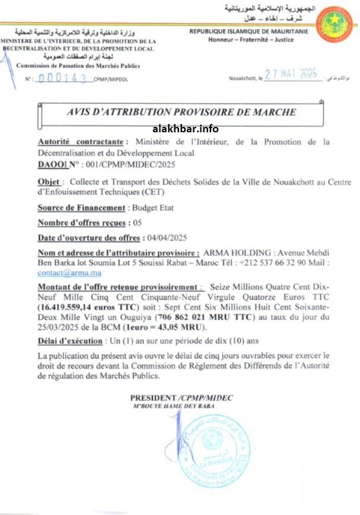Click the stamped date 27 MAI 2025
pos(291,75)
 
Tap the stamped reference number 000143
pos(62,78)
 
